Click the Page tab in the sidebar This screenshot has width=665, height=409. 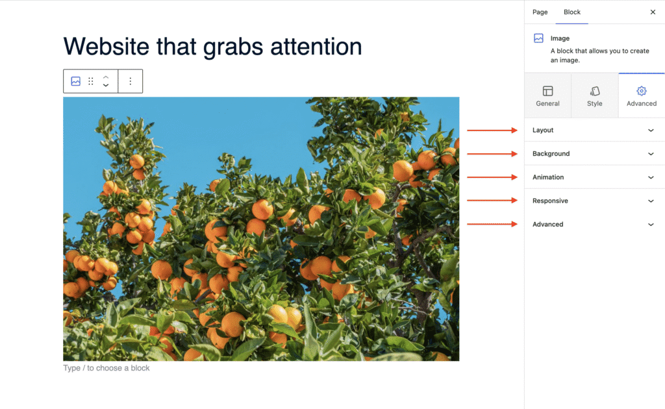click(x=540, y=12)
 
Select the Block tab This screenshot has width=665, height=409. click(x=571, y=12)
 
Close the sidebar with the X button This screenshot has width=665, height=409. click(x=653, y=12)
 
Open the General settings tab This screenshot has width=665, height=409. click(x=547, y=96)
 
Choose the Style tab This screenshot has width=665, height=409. click(x=595, y=96)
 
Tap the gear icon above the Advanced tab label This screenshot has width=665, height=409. click(x=641, y=91)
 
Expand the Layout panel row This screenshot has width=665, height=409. click(x=594, y=130)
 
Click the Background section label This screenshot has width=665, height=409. click(x=551, y=153)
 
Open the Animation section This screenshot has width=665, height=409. click(x=594, y=177)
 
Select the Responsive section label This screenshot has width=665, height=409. click(x=550, y=201)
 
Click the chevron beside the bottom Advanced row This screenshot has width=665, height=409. click(x=651, y=224)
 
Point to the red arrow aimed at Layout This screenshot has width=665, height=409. click(x=492, y=130)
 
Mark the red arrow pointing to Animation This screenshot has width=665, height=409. click(x=492, y=177)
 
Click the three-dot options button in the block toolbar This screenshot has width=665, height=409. click(x=130, y=81)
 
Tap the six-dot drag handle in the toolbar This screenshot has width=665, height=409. click(x=91, y=81)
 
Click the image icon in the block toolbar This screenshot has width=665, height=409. click(x=76, y=81)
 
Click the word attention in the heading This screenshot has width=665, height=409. click(x=316, y=47)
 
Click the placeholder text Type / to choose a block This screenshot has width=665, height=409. click(x=107, y=368)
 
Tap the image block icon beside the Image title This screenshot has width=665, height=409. click(x=538, y=38)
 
